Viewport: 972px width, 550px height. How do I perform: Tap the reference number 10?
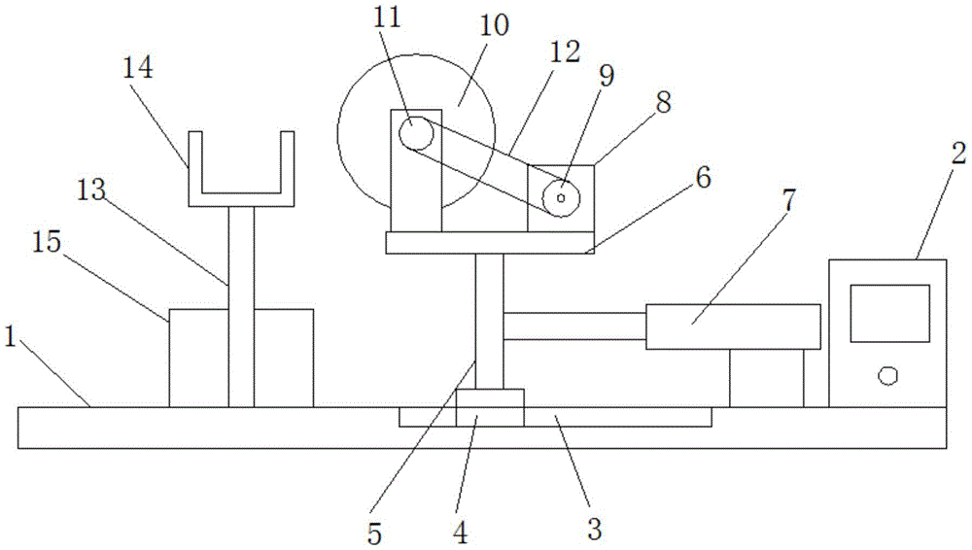(x=494, y=25)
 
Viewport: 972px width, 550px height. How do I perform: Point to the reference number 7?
(x=787, y=201)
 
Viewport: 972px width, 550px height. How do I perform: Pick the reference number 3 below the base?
(x=594, y=530)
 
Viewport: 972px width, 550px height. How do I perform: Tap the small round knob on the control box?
(x=886, y=375)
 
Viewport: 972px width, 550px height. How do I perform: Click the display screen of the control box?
(x=889, y=312)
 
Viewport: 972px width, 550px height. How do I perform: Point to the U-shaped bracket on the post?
(x=240, y=185)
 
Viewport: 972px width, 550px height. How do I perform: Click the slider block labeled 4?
(x=490, y=407)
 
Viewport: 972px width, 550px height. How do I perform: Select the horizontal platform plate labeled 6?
(x=490, y=242)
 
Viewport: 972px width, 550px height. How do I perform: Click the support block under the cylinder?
(x=766, y=378)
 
